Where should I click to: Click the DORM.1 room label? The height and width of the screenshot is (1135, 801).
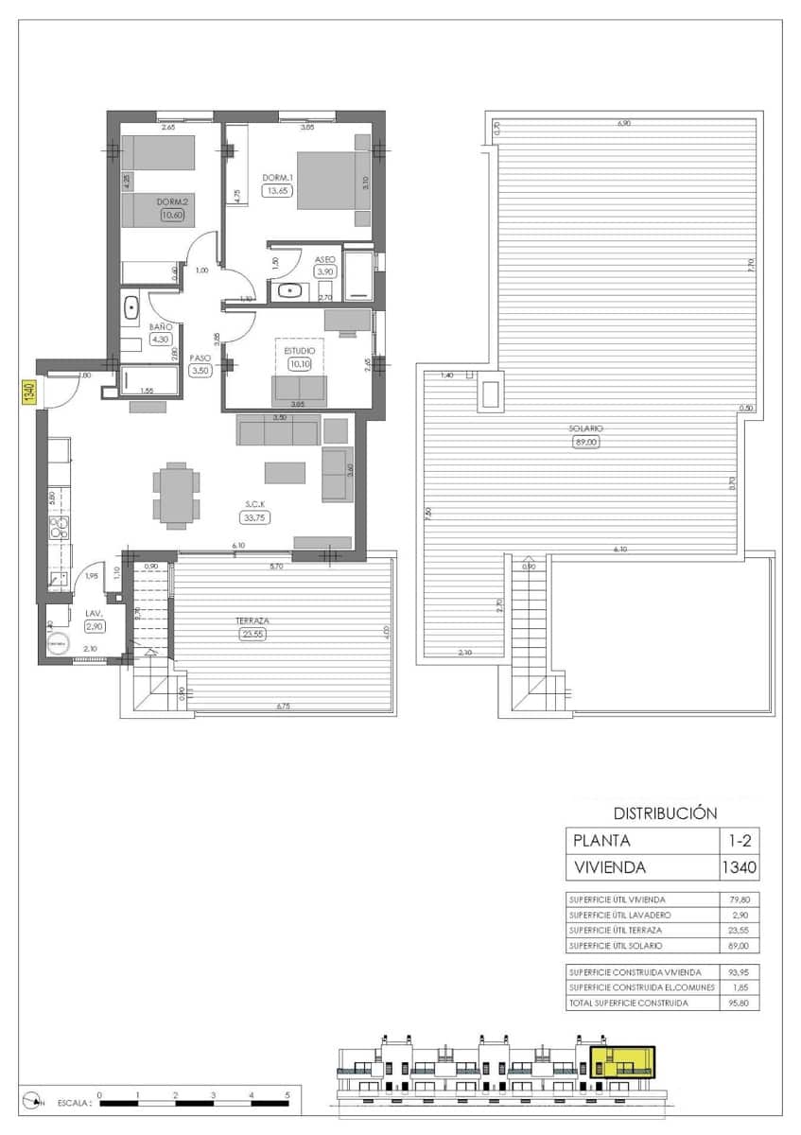point(278,177)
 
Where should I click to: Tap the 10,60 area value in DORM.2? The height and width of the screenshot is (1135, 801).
point(172,216)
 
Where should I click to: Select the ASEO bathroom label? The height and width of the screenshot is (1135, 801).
point(326,258)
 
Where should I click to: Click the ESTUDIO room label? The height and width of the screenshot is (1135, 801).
point(299,350)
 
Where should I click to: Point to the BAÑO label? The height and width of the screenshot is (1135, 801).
point(160,326)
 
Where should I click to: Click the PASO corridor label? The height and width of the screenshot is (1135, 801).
point(200,358)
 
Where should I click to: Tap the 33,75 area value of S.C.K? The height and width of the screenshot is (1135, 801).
point(252,517)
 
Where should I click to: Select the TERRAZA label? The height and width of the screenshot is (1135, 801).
point(252,621)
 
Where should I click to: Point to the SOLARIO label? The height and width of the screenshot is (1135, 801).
point(586,428)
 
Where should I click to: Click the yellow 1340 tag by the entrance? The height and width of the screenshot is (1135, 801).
point(28,390)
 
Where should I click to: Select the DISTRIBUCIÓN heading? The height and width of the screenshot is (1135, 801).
point(665,812)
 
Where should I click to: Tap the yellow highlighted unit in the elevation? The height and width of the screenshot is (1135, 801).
point(621,1061)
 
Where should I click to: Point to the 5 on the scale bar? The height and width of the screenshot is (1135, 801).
point(287,1094)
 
